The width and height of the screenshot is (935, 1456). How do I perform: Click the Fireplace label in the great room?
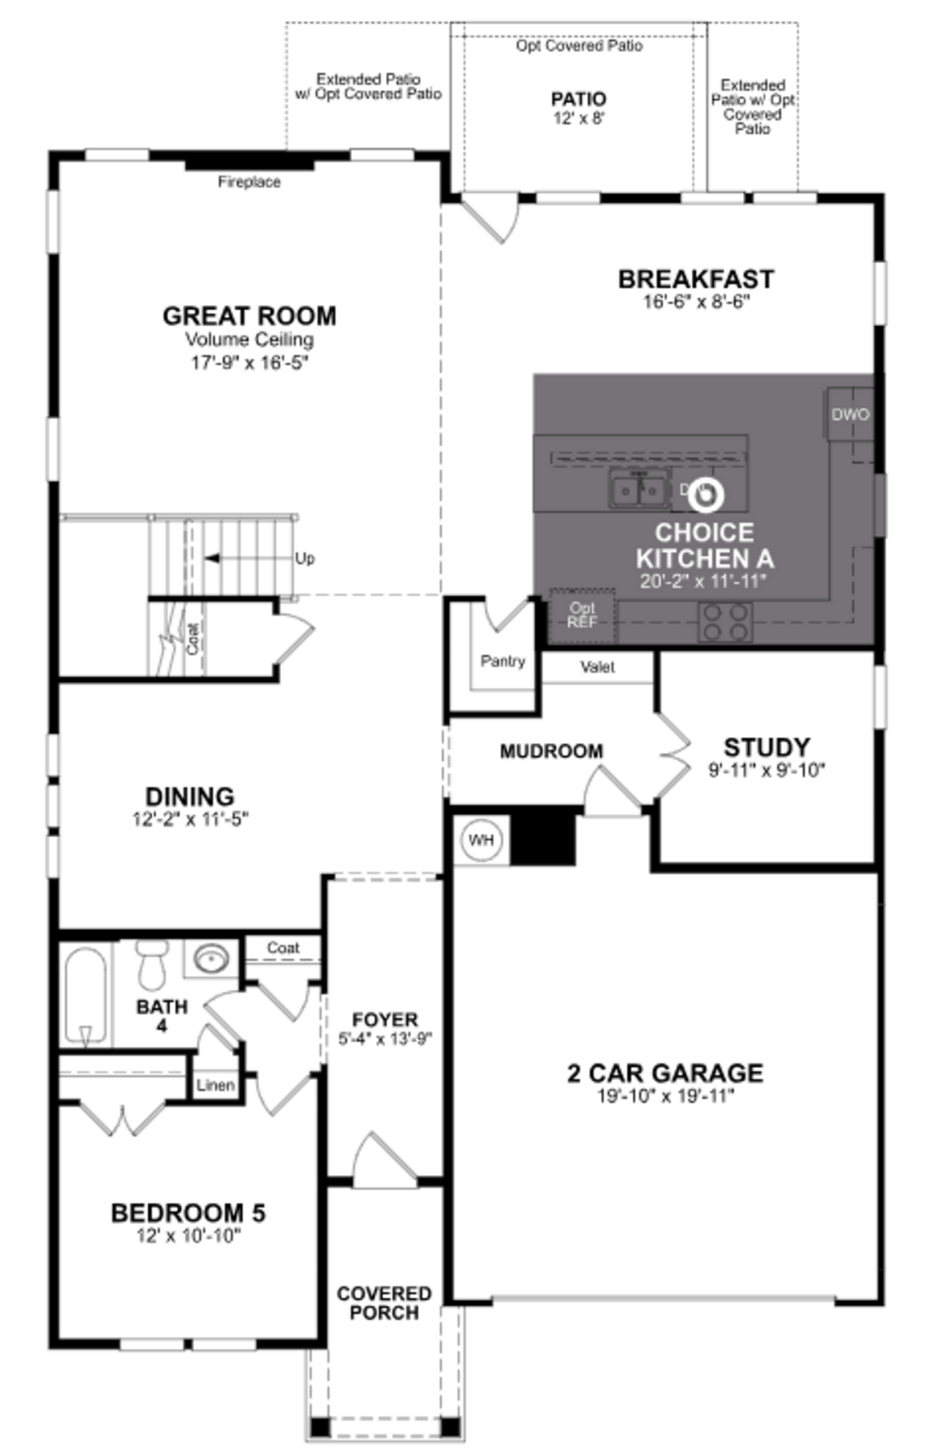pos(249,182)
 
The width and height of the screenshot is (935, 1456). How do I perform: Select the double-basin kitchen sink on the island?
pos(639,489)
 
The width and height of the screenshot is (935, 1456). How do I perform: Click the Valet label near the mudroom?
pos(598,667)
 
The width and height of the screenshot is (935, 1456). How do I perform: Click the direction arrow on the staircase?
pos(213,558)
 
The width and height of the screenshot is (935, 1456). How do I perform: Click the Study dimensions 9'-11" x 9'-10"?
pos(767,771)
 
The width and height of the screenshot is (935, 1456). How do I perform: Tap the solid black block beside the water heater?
pos(542,839)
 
